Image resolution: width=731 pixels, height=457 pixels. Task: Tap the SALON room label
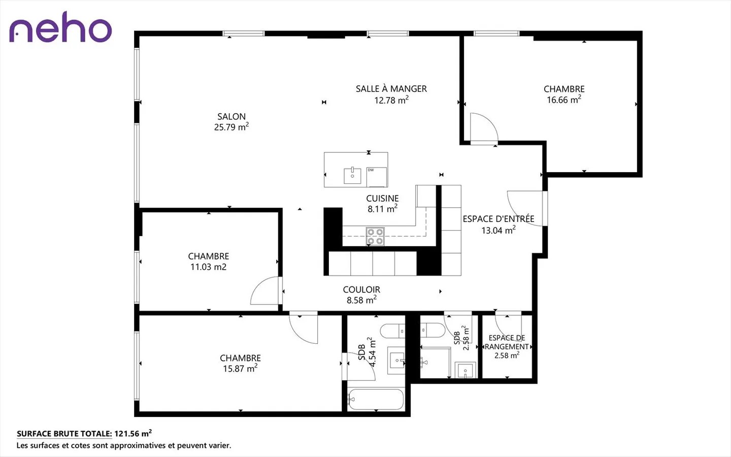tap(231, 117)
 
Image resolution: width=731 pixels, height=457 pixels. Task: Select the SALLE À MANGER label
tap(391, 89)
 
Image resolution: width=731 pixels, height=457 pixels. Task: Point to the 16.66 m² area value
tap(564, 99)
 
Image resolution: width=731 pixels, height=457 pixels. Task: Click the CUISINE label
tap(382, 199)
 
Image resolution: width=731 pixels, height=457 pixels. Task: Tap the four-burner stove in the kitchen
tap(375, 236)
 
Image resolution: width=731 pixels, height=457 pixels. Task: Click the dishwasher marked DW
tap(377, 177)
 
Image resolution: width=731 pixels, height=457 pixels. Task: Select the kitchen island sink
tap(352, 176)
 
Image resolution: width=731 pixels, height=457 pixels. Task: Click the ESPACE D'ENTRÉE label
tap(499, 219)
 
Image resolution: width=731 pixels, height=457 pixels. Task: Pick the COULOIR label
tap(361, 289)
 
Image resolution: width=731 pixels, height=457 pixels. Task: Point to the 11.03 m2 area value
tap(208, 267)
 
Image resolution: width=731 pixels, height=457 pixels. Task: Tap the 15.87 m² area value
tap(240, 368)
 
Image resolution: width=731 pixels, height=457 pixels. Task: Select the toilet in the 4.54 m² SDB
tap(393, 331)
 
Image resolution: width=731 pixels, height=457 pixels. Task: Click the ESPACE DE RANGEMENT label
tap(507, 342)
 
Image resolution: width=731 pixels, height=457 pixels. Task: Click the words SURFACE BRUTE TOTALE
tap(64, 434)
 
